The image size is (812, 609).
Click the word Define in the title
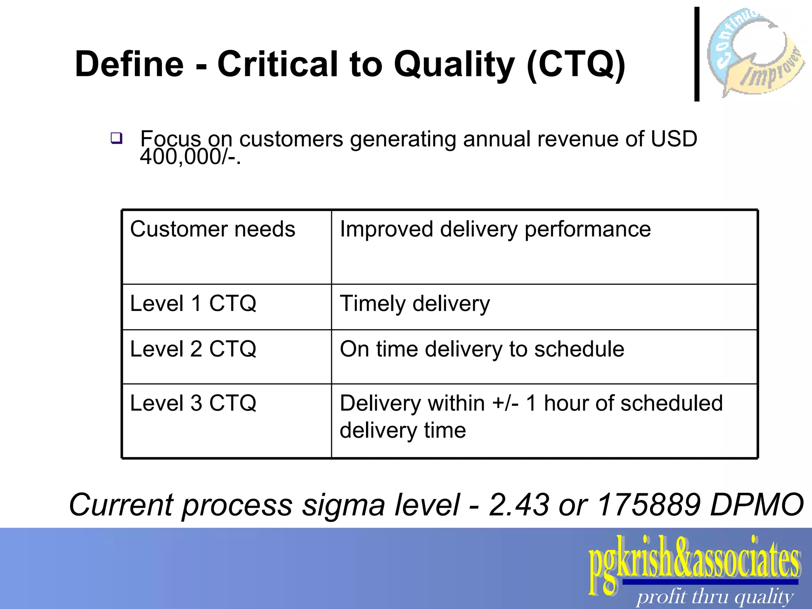click(x=129, y=64)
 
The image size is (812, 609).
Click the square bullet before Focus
click(x=116, y=138)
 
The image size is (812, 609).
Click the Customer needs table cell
click(x=213, y=230)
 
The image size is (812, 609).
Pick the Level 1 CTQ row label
click(x=193, y=304)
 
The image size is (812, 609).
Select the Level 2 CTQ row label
click(x=193, y=349)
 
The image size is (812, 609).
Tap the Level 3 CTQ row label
click(x=193, y=403)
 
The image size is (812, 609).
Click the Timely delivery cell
click(x=415, y=304)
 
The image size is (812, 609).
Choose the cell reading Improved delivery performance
click(x=495, y=230)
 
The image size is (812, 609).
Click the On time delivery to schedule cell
click(x=482, y=349)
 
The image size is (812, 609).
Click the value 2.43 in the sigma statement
click(x=519, y=505)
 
